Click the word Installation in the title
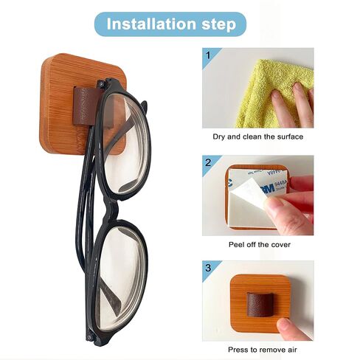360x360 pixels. [x=152, y=24]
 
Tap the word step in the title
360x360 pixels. [x=219, y=25]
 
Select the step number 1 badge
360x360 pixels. [x=209, y=55]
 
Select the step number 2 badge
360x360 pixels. [x=209, y=162]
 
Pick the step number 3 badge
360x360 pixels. [x=209, y=268]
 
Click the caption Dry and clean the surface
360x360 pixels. [x=258, y=136]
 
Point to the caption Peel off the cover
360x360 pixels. [x=260, y=245]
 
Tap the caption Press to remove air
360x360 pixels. [x=263, y=350]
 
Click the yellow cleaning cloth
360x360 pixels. [x=273, y=94]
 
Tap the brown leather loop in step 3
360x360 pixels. [x=260, y=305]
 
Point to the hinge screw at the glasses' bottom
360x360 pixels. [x=91, y=337]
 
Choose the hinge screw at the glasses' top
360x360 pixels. [x=101, y=83]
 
